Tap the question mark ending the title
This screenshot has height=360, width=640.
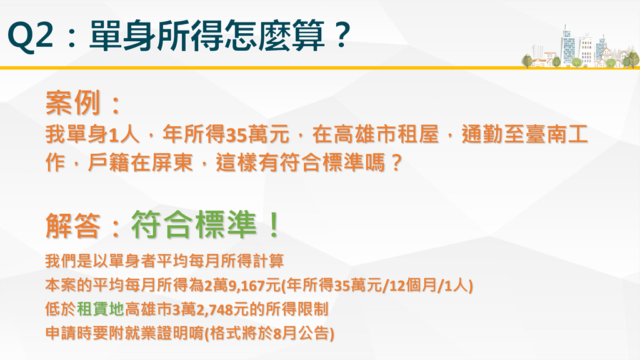coord(342,36)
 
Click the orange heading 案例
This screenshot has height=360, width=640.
coord(72,102)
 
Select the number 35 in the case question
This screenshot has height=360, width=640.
coord(236,135)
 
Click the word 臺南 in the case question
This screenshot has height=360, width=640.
coord(546,134)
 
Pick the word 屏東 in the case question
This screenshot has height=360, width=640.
coord(171,162)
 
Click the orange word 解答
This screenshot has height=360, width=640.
coord(72,225)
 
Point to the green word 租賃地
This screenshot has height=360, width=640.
coord(101,309)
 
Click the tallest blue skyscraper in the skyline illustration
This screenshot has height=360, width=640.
coord(568,46)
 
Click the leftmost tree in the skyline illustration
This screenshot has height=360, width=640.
coord(527,61)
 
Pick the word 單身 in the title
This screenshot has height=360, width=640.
coord(122,36)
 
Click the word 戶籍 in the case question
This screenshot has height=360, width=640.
coord(108,162)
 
